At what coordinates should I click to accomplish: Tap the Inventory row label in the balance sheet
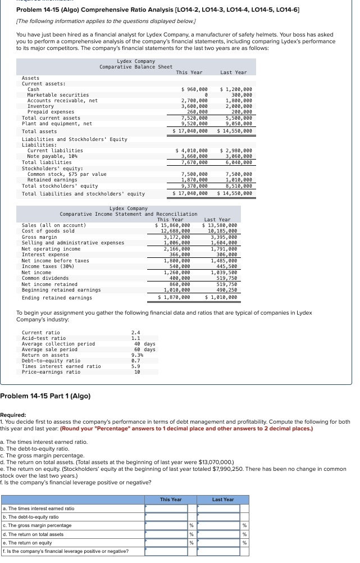tap(40, 106)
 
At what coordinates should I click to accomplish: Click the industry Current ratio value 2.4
tap(135, 333)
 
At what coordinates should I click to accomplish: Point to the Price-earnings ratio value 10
tap(136, 372)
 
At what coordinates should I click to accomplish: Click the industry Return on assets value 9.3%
tap(136, 355)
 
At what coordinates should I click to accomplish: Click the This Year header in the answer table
tap(171, 500)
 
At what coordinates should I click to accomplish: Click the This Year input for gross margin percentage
tap(166, 525)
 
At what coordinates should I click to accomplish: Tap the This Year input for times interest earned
tap(166, 508)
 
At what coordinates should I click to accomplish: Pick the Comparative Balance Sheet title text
tap(136, 67)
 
